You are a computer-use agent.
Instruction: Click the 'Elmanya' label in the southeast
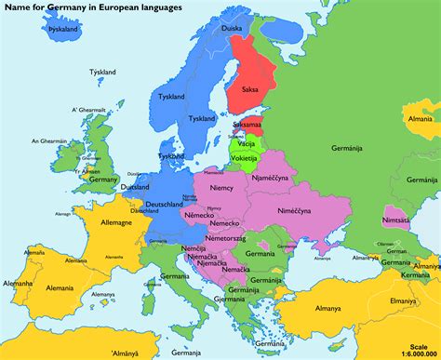pyautogui.click(x=403, y=301)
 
